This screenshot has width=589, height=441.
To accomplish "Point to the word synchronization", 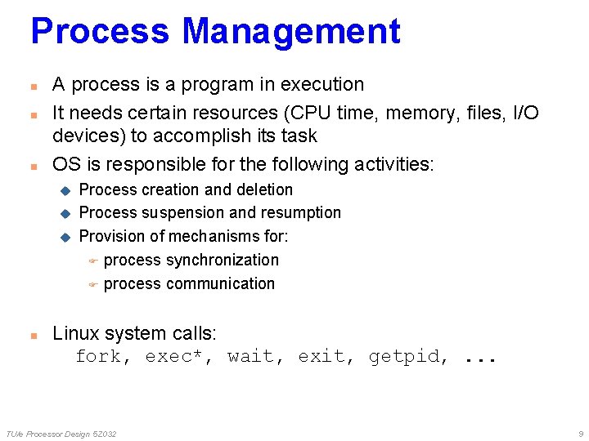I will coord(223,261).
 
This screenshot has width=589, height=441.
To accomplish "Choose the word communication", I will coord(221,284).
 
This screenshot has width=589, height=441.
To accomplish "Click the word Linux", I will coord(75,333).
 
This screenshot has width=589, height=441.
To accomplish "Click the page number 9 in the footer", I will coord(579,434).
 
